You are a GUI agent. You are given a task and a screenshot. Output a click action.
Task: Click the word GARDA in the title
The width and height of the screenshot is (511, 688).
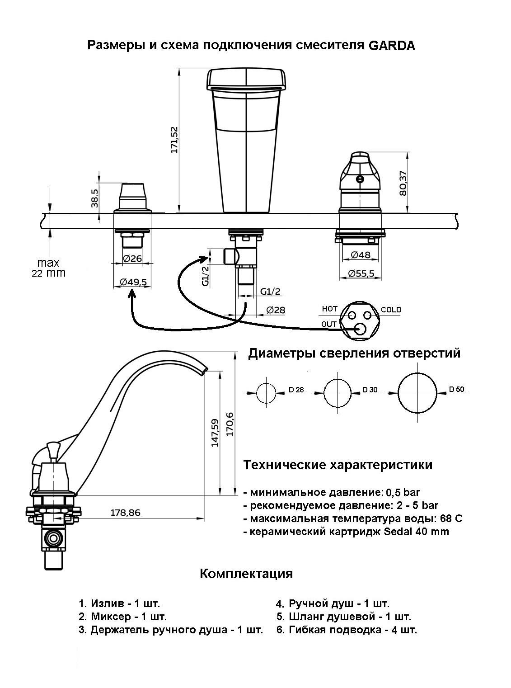tap(392, 46)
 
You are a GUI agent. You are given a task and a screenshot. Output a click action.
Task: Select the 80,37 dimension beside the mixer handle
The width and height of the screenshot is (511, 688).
tap(403, 182)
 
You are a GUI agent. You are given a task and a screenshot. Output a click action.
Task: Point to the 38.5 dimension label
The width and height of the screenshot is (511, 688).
tap(95, 198)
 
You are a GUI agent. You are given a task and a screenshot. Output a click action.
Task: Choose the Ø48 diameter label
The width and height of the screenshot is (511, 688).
tap(360, 255)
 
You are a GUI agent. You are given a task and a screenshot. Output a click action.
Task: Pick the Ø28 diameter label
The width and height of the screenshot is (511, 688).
tap(276, 310)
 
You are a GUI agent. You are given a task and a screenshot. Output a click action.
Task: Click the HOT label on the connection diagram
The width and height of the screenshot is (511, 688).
tap(329, 309)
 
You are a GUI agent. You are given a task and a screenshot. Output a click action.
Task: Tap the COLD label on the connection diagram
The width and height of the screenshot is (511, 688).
tap(391, 310)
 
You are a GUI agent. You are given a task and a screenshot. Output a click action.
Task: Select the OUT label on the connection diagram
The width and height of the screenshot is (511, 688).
tap(329, 324)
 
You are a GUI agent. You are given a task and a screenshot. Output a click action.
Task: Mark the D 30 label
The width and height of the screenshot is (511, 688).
tap(370, 390)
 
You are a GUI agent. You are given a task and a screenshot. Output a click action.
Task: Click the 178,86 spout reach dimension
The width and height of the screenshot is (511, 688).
tap(125, 513)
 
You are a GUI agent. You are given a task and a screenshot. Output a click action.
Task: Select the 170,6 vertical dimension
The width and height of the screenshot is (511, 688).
tap(230, 424)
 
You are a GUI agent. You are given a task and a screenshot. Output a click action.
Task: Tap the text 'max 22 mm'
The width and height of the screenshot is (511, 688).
tap(48, 268)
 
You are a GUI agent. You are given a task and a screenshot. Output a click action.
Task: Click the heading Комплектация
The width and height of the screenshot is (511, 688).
tap(246, 574)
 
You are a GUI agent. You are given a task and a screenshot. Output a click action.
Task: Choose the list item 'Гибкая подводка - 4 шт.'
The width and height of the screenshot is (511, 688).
tap(347, 630)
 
